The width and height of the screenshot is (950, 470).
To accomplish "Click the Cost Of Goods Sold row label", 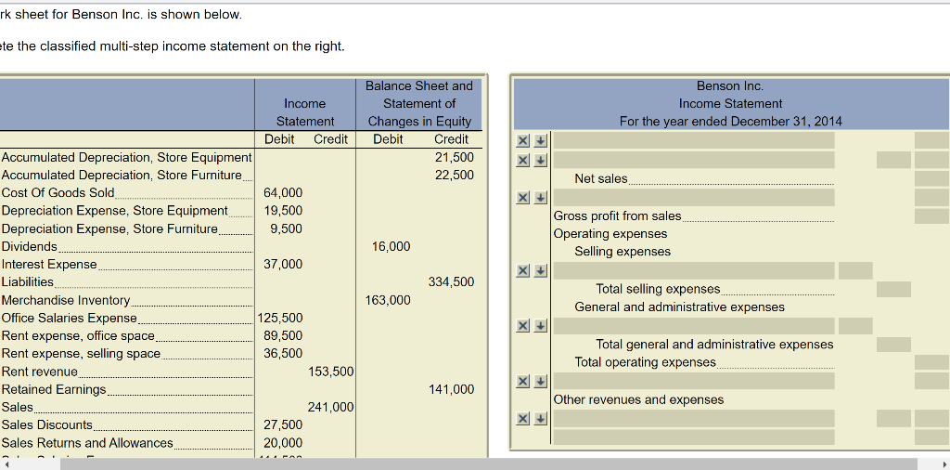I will [58, 193].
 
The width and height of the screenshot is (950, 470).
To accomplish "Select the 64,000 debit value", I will [283, 193].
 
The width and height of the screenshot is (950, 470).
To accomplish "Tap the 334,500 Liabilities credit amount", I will [451, 282].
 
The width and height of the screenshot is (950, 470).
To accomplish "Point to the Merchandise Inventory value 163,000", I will [388, 300].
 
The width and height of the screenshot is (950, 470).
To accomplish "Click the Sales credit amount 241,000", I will [330, 408].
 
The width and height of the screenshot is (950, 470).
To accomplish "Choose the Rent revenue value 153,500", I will [330, 372].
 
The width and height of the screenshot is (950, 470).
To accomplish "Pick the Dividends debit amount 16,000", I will [391, 247].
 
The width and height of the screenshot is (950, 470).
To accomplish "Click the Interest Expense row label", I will [49, 265].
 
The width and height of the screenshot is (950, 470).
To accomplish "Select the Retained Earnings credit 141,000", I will [451, 390].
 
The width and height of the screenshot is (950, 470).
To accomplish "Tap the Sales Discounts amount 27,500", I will [283, 425].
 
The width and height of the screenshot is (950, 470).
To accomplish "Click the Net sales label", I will [601, 178].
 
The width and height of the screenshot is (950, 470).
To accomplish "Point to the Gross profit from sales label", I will [617, 216].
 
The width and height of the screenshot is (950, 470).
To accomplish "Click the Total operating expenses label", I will [645, 362].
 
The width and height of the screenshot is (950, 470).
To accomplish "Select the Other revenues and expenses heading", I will [638, 400].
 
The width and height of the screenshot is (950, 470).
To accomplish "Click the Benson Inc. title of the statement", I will [730, 86].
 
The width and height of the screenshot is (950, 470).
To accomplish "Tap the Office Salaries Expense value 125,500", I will [280, 319].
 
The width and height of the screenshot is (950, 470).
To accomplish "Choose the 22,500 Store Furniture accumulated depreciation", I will [455, 176].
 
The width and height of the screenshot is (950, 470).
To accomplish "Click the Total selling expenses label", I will [658, 290].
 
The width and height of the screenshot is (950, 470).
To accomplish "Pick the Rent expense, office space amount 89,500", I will [283, 336].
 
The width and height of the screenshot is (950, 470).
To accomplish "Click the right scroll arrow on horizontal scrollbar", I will [943, 463].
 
